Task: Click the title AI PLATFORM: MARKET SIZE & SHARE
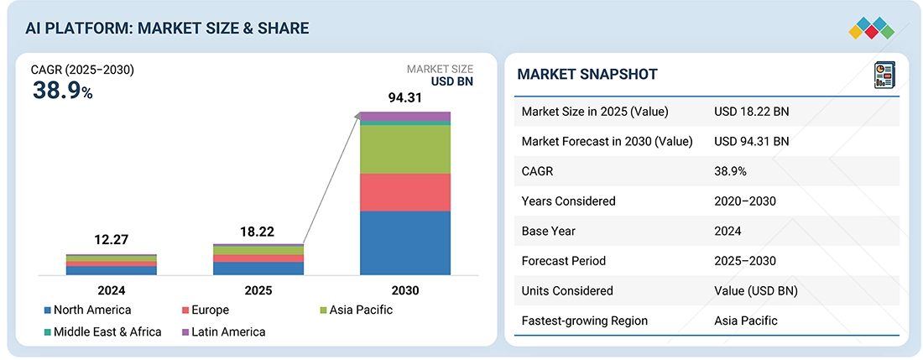pos(167,29)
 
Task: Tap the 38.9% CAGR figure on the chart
pos(62,91)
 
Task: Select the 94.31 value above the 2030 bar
pos(404,98)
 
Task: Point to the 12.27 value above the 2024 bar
pos(111,241)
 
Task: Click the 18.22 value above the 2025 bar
pos(258,232)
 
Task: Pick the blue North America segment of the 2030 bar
pos(404,243)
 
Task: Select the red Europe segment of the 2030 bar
pos(404,192)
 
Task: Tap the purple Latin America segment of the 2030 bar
pos(404,116)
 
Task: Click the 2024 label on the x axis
pos(111,290)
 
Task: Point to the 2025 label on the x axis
pos(258,290)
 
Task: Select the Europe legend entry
pos(204,310)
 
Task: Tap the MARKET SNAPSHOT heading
pos(587,75)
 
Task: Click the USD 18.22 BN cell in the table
pos(751,112)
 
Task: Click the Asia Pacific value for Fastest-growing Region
pos(746,321)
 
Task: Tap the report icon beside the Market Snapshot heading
pos(883,75)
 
